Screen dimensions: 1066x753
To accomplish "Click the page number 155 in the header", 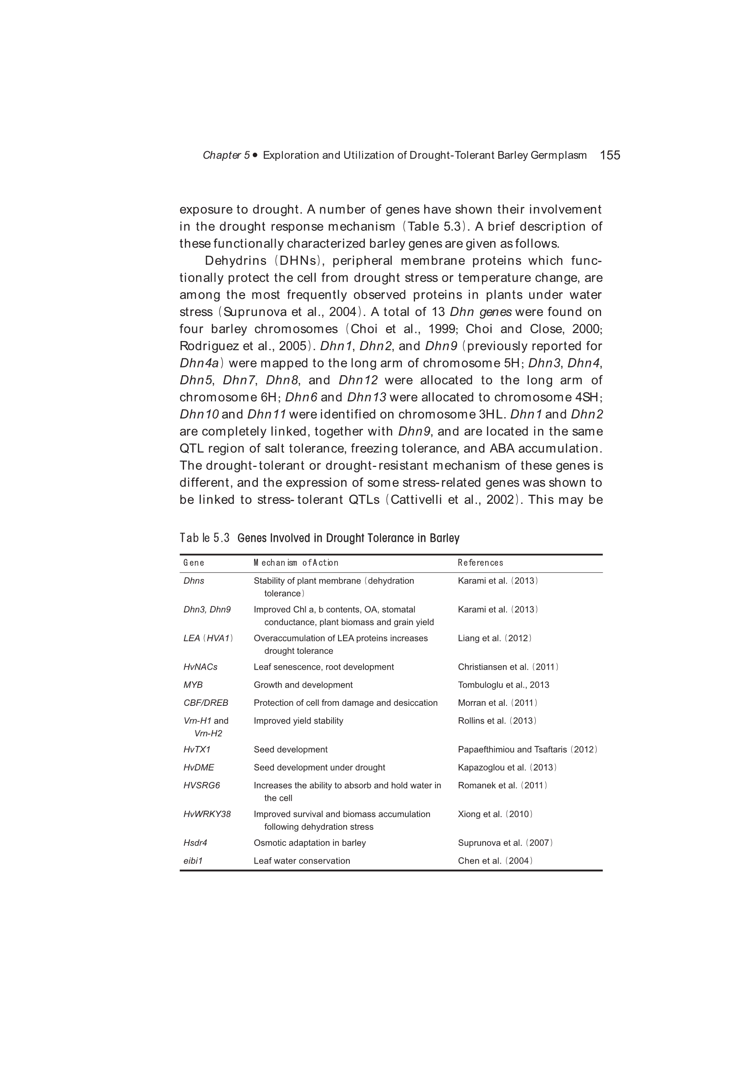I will [610, 155].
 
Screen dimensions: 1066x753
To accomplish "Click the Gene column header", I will [194, 563].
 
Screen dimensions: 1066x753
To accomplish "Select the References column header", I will [480, 563].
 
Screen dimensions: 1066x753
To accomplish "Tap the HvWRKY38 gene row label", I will [207, 814].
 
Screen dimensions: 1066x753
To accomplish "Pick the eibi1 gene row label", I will [193, 861].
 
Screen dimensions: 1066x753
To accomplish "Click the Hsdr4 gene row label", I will [195, 843].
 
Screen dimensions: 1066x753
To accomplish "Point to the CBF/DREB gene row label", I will [205, 703].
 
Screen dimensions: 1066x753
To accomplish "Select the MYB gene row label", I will [193, 685].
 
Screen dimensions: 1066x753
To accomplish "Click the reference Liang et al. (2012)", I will [495, 638].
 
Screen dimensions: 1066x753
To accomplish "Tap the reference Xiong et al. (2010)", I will [495, 814].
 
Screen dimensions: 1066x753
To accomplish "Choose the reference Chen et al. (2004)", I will [495, 861].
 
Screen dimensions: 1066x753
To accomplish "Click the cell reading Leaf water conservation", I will [302, 861].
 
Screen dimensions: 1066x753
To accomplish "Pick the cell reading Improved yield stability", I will [298, 720].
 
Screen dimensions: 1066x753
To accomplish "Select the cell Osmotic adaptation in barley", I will [309, 843].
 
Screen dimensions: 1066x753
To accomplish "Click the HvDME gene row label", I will [199, 767].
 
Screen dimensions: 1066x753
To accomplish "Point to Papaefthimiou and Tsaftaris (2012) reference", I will [528, 750].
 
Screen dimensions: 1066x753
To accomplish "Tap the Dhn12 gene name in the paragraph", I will [358, 380].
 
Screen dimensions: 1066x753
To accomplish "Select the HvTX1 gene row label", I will [197, 750].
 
